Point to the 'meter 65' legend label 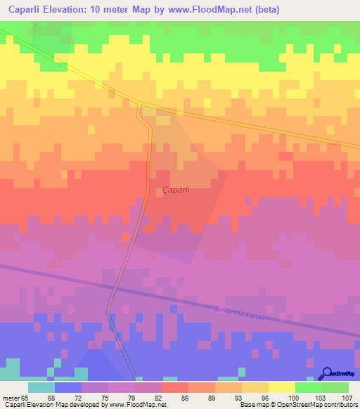click(15, 398)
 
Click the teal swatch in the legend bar click(41, 387)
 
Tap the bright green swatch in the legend click(308, 387)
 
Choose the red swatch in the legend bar click(174, 387)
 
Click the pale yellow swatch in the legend click(281, 387)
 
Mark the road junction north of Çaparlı click(140, 105)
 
